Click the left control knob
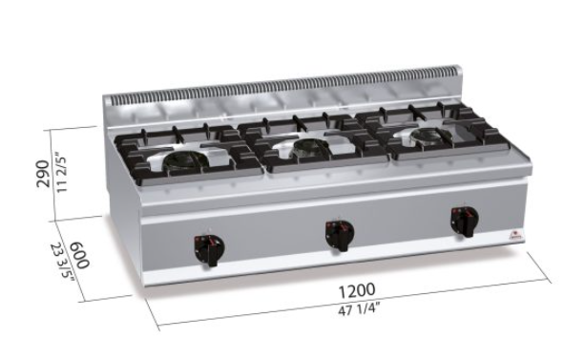point(209,249)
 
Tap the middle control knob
point(339,235)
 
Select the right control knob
point(465,222)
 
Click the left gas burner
point(182,160)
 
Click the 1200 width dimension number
point(356,290)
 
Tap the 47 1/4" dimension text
point(359,309)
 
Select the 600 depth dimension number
point(80,255)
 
